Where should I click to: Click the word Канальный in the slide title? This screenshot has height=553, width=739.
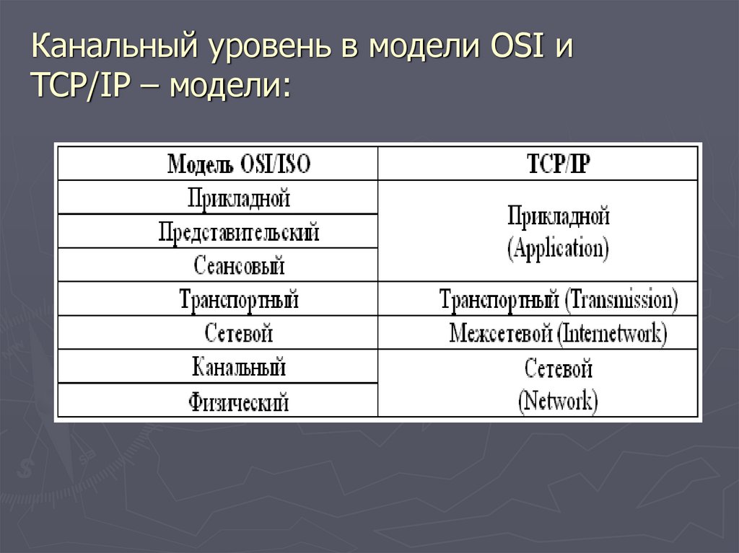tap(115, 51)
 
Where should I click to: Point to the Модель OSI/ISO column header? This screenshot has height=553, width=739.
tap(239, 164)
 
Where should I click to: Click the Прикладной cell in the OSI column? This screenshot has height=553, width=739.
tap(239, 197)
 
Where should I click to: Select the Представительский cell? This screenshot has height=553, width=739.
tap(239, 231)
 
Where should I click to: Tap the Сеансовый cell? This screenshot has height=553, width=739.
tap(239, 265)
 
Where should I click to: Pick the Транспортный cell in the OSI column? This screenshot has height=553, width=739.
tap(239, 299)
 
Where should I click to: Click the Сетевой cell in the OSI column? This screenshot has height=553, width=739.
tap(239, 333)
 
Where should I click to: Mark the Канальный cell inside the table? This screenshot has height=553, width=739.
tap(239, 367)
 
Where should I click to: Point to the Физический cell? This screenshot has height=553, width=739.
tap(239, 401)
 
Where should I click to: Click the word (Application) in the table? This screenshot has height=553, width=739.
tap(558, 249)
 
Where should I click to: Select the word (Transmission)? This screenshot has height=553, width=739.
tap(621, 300)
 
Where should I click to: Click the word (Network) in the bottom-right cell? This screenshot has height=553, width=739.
tap(558, 401)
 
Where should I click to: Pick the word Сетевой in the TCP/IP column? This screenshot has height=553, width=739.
tap(558, 369)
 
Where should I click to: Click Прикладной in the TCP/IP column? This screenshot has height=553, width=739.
tap(558, 216)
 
